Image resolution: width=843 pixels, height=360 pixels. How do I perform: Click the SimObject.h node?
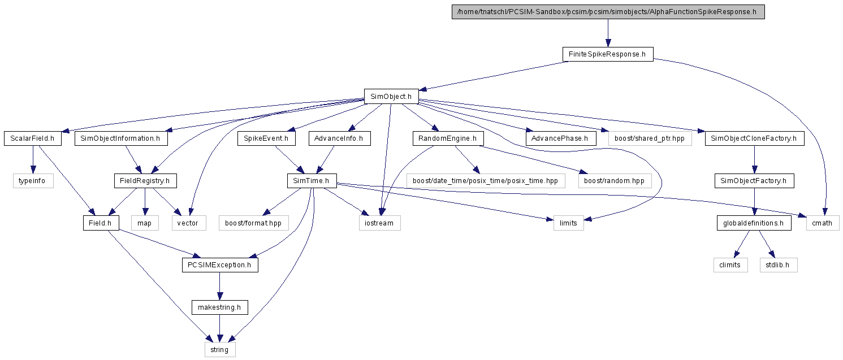pos(391,96)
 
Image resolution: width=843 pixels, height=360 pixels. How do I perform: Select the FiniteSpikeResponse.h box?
pos(608,54)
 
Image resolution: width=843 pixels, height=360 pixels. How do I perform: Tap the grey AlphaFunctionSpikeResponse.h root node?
pos(608,12)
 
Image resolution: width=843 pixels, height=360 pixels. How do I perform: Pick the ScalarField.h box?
pos(33,138)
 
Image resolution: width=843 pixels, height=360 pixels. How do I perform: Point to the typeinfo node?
pos(33,181)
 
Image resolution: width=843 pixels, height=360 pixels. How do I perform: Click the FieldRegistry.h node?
pos(145,181)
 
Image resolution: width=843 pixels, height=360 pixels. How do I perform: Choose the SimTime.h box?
pos(312,181)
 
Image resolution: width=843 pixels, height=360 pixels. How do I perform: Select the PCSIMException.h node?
pos(220,265)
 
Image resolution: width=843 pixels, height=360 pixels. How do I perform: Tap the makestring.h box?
pos(220,307)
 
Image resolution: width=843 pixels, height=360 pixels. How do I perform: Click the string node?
pos(220,349)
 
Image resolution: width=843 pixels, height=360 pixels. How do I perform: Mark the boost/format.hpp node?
pos(254,223)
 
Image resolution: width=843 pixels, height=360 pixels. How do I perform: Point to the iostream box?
pos(379,223)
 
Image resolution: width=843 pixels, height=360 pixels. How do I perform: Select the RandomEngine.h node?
pos(448,138)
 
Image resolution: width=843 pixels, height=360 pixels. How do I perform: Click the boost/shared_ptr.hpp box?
pos(650,138)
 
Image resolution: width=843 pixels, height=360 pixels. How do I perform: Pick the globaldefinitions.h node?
pos(754,223)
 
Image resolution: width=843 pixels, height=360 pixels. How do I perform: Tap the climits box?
pos(730,265)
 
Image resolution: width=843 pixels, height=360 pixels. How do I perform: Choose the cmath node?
pos(823,223)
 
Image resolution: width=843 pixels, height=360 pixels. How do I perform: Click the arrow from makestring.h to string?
pos(220,328)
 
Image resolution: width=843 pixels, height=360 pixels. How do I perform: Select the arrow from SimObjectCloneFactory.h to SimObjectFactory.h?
pos(755,159)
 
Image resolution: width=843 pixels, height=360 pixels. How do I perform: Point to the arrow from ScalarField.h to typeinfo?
pos(33,159)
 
